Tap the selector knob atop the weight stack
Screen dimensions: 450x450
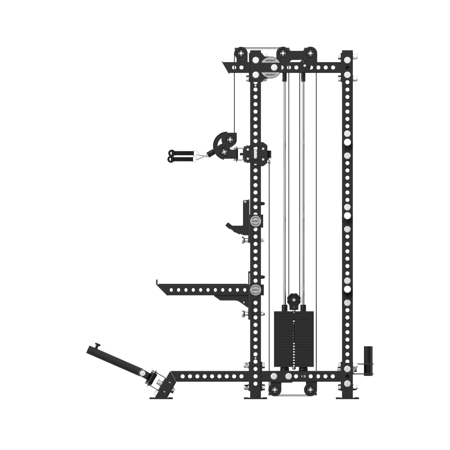point(293,299)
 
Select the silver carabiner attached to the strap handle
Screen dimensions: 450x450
point(201,156)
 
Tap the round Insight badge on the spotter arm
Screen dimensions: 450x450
point(256,290)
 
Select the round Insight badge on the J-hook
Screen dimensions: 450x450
point(255,221)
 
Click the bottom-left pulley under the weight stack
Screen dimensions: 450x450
point(274,390)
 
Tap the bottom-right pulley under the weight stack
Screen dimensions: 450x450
point(310,390)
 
